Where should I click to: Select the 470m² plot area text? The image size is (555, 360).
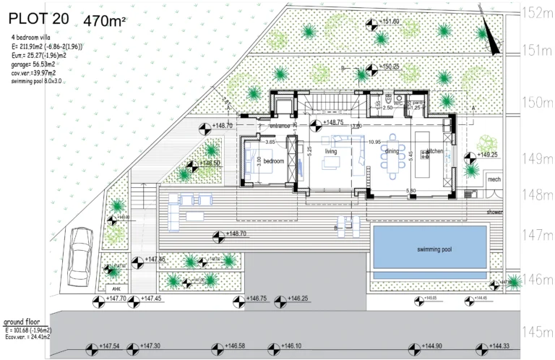105,21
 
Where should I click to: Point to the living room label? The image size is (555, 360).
331,151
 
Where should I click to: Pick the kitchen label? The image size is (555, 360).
434,151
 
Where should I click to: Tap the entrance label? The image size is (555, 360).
280,126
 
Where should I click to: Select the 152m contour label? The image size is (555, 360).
537,13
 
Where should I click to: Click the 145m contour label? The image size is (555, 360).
537,332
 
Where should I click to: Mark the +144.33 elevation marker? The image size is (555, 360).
491,346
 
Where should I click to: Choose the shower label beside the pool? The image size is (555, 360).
494,213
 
